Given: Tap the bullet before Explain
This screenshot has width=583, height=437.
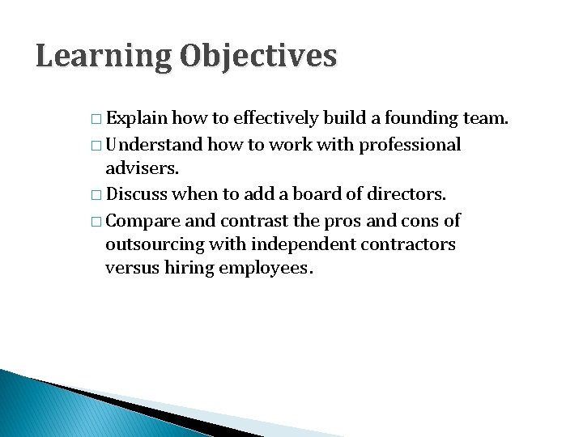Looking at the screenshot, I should [96, 120].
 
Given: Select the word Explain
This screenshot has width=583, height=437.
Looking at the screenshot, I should [136, 119].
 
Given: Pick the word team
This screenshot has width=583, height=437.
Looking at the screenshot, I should [485, 119].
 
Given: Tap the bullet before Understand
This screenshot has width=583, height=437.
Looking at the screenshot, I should [96, 146].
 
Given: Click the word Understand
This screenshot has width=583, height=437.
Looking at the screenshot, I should [155, 145].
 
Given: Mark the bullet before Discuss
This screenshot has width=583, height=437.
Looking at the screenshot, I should [96, 196].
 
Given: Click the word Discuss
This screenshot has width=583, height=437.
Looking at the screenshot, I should [137, 195].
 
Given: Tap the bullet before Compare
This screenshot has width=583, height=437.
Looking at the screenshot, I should [96, 221].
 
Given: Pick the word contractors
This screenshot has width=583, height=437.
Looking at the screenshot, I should [408, 244].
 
